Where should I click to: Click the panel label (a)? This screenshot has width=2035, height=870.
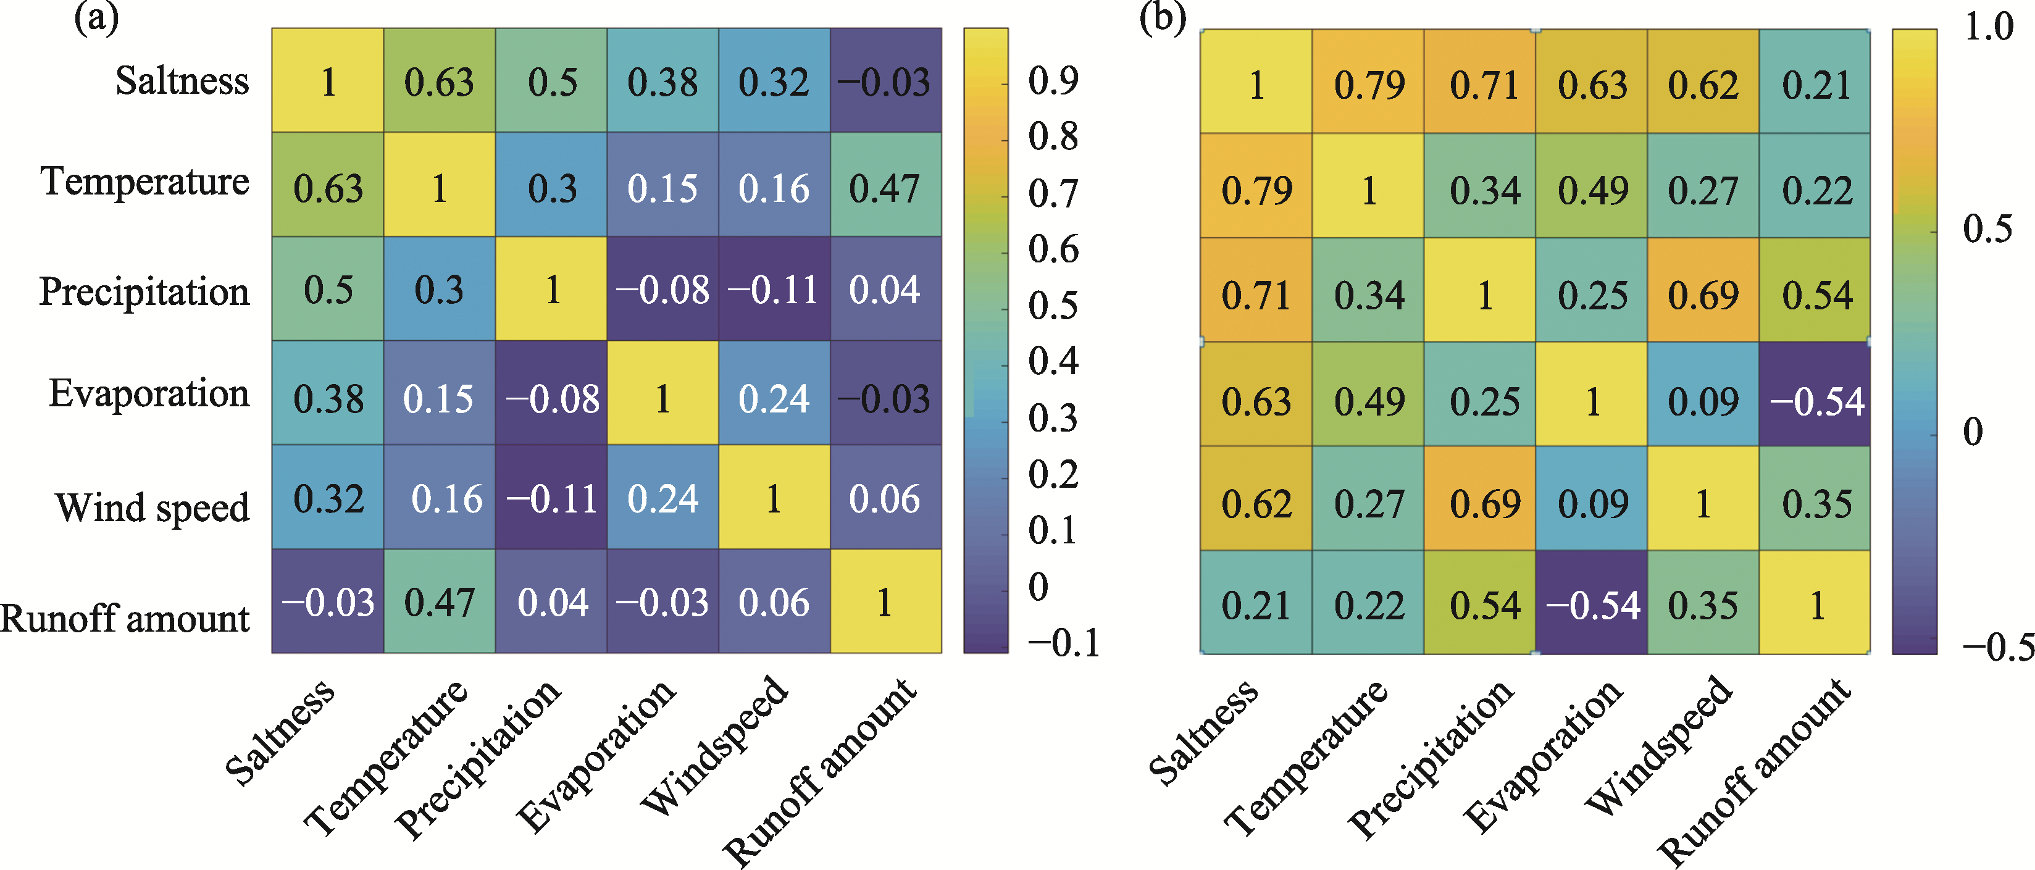(96, 17)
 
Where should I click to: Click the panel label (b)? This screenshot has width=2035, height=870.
(1162, 17)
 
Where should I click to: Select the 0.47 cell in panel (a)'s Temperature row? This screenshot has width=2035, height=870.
(885, 188)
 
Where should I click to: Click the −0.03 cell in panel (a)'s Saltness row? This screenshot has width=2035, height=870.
(885, 82)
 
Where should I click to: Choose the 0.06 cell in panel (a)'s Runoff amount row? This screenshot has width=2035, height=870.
(774, 603)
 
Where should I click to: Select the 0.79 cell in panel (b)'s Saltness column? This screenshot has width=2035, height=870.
(1256, 190)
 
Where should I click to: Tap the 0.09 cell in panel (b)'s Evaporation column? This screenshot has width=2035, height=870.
(1592, 503)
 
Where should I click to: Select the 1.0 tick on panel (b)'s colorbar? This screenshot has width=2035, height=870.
(1989, 28)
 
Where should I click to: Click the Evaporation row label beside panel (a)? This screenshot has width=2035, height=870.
(149, 393)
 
